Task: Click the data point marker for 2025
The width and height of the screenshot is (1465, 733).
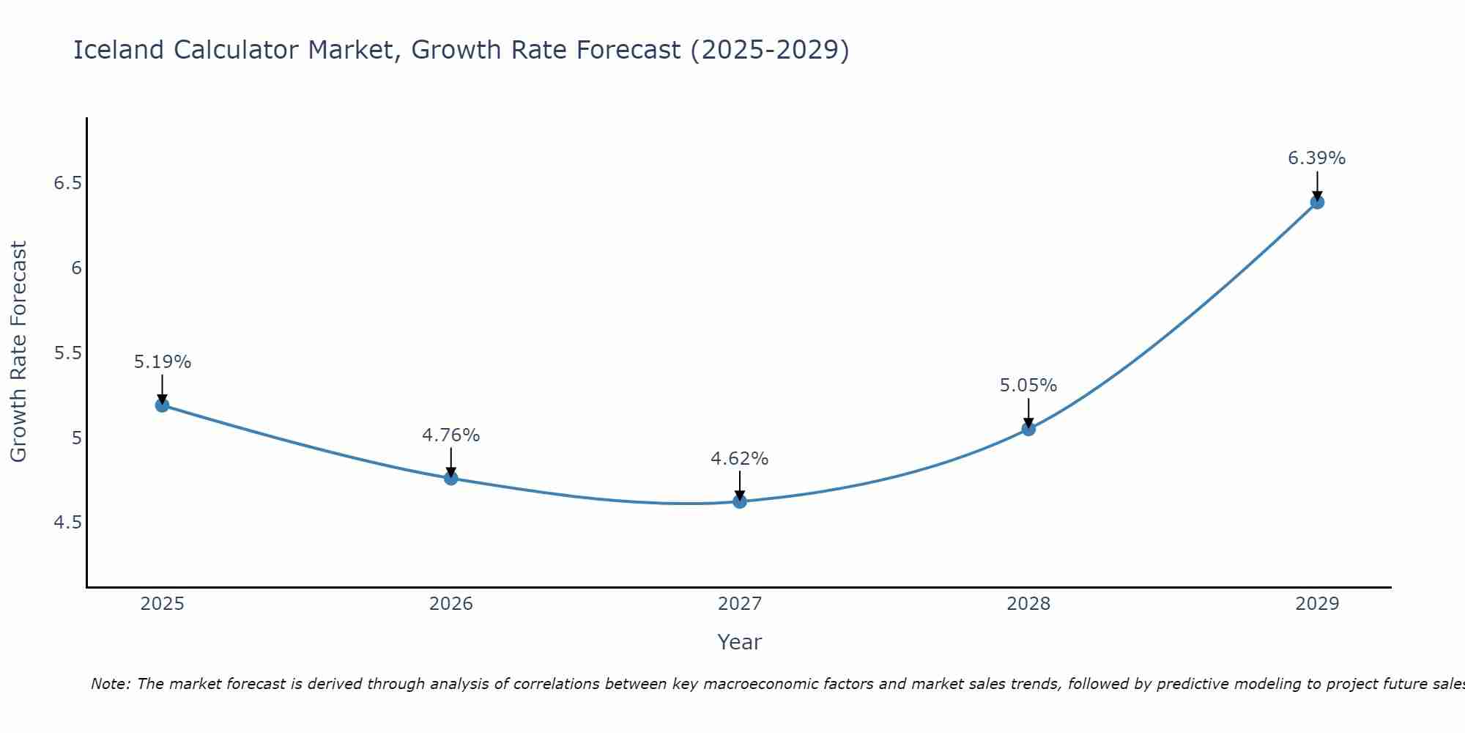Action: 162,405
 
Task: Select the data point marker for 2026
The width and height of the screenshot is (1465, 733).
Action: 451,479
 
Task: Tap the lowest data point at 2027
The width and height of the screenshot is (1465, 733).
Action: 740,502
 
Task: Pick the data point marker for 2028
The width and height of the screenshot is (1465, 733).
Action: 1028,430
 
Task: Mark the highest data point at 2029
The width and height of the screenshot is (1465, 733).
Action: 1317,202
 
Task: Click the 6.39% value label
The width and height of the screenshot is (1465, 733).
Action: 1316,158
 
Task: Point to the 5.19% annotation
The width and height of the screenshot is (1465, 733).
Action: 162,362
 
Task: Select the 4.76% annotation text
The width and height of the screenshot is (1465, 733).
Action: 450,435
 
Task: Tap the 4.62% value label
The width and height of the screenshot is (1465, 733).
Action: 739,459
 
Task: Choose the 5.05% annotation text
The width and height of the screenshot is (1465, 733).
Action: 1028,386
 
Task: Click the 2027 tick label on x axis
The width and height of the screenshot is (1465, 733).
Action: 739,604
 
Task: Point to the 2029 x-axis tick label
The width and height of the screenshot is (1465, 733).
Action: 1316,604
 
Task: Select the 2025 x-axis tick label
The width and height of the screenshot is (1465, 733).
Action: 162,604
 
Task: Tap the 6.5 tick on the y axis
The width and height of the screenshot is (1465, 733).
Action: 67,183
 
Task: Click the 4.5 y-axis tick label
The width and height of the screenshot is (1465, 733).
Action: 67,523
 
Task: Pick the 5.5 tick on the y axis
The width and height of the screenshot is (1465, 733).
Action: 67,353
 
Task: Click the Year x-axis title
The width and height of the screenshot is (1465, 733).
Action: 739,642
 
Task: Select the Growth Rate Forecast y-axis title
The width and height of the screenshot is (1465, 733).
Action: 18,352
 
